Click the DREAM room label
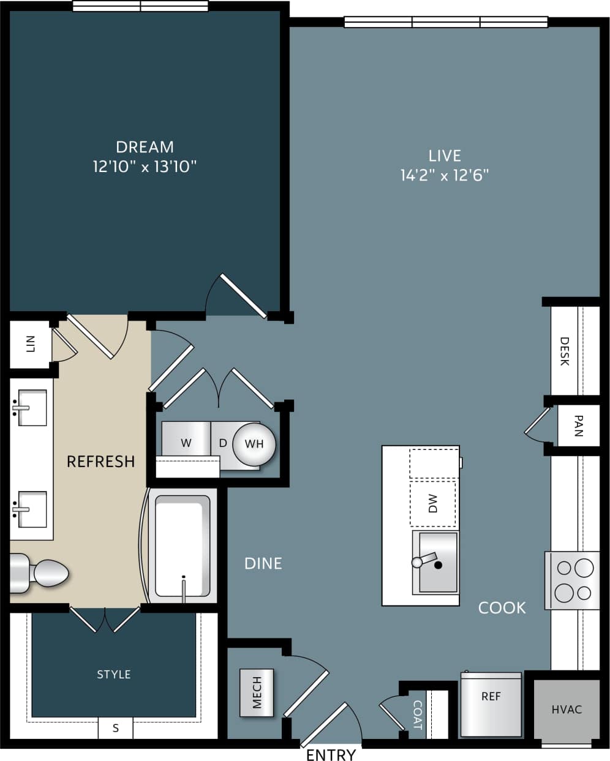click(145, 147)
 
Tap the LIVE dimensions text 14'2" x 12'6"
click(445, 176)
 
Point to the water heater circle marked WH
click(254, 444)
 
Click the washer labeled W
click(186, 443)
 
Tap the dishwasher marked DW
click(433, 504)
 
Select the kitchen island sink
click(435, 562)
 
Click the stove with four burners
click(572, 580)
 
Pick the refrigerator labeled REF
click(491, 704)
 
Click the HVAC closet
click(567, 710)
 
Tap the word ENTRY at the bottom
click(331, 754)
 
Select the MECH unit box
click(257, 692)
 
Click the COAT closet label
click(417, 714)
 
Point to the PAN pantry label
click(578, 425)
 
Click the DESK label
click(565, 351)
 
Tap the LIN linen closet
click(30, 344)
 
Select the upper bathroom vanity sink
click(31, 408)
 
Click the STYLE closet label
click(114, 674)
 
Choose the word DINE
click(263, 563)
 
